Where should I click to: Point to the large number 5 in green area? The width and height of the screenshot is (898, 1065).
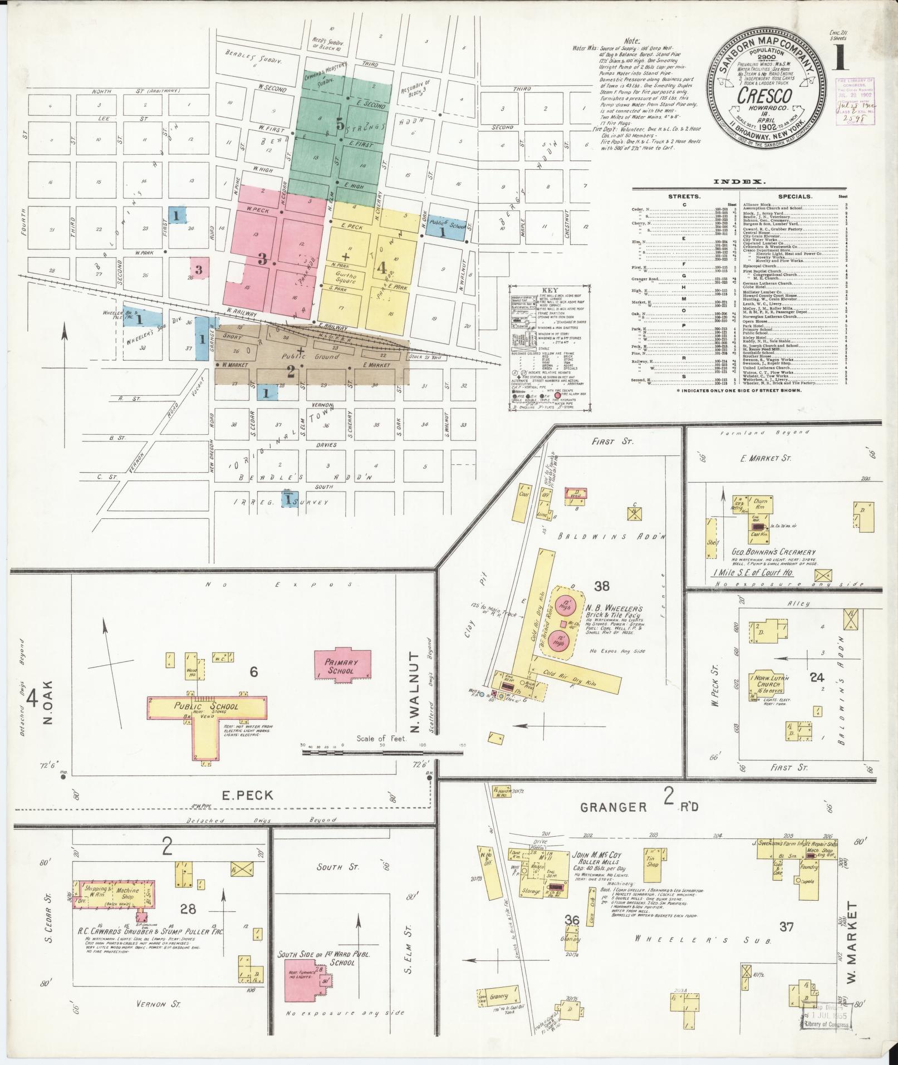click(340, 125)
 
